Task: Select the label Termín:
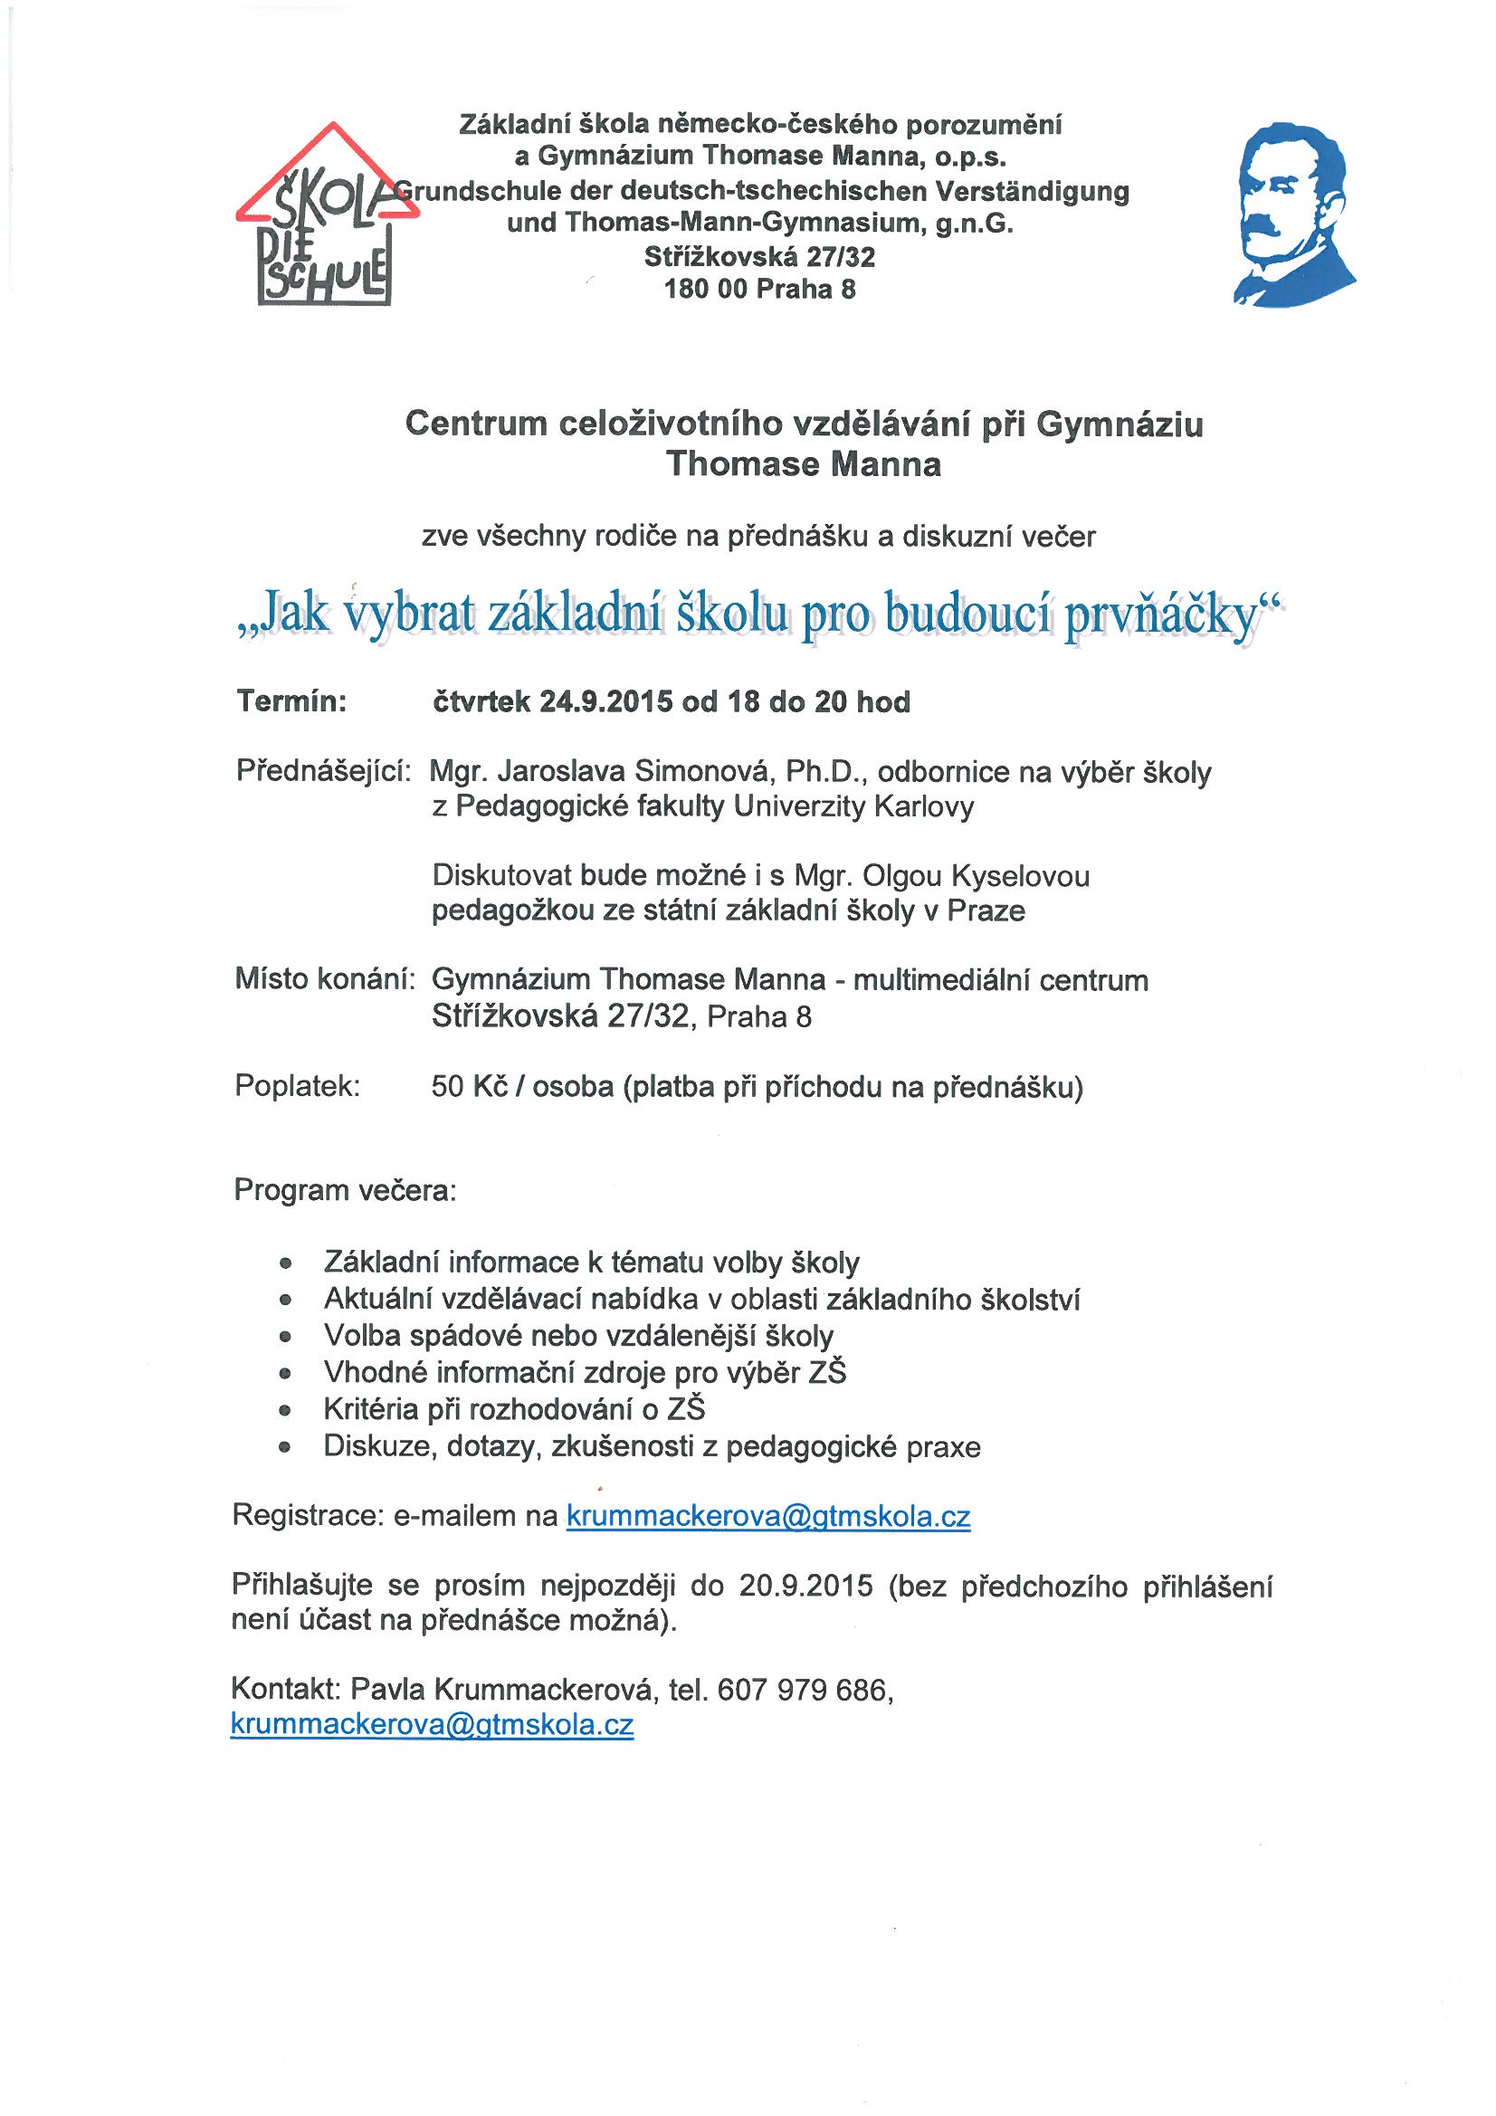(x=291, y=702)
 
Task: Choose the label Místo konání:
(x=321, y=978)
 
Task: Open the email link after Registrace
(x=767, y=1516)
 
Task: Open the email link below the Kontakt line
(x=432, y=1725)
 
